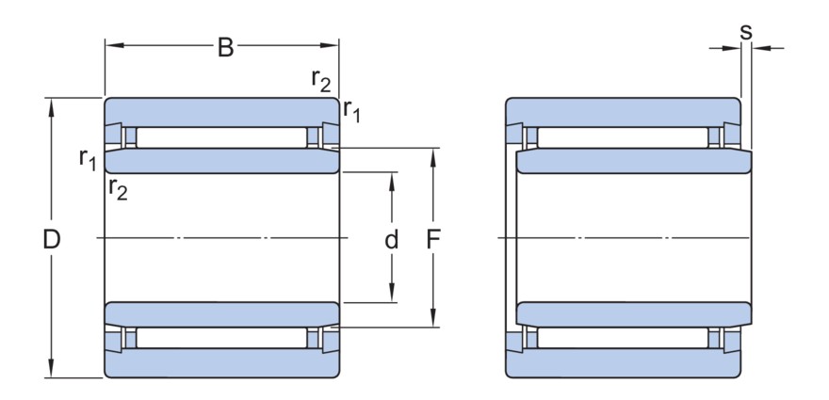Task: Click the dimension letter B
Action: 225,47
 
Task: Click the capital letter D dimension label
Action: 52,240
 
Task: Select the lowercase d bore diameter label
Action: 391,240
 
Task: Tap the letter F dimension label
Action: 434,240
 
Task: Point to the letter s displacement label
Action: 745,31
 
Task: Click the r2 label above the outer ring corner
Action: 321,81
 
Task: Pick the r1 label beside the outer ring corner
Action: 351,110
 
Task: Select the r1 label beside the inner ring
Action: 88,158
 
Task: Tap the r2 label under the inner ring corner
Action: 118,189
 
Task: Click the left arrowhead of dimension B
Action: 110,44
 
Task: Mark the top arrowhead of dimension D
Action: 52,104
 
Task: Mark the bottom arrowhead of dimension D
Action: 52,372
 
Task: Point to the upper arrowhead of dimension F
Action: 434,154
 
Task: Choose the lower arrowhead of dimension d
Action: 391,296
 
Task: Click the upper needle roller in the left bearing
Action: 221,137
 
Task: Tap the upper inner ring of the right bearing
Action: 634,161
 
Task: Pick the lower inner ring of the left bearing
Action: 221,313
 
